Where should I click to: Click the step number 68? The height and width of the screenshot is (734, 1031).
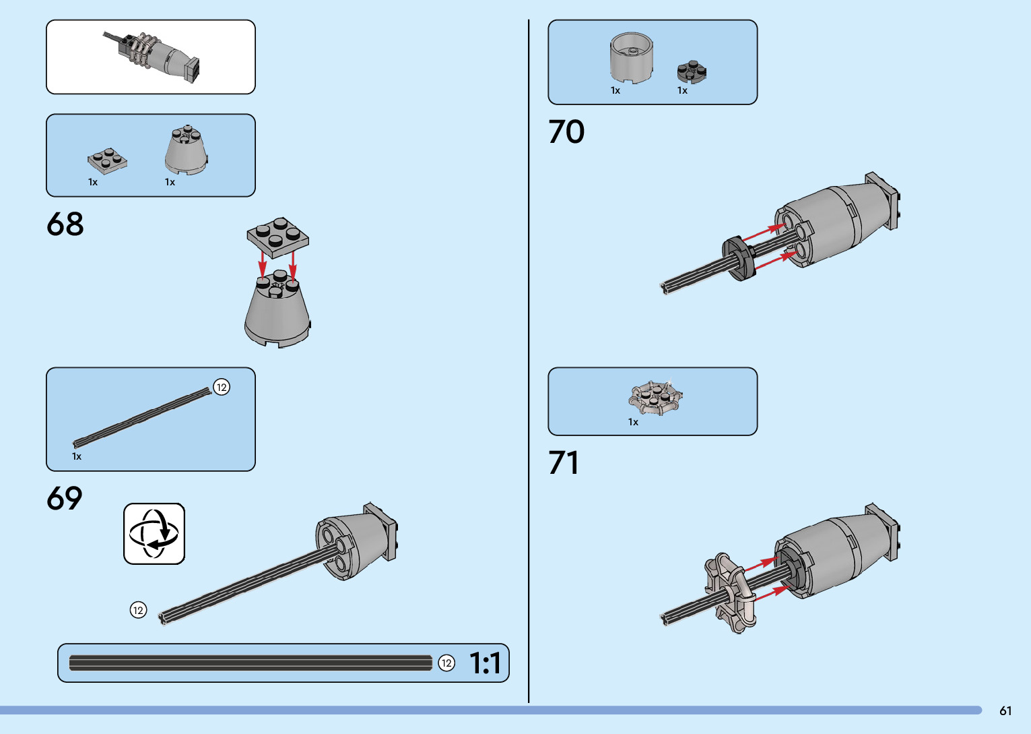pos(65,224)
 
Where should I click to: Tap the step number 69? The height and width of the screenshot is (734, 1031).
pos(65,499)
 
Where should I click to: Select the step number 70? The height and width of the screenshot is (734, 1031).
pos(566,132)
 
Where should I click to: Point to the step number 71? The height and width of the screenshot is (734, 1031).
pos(564,463)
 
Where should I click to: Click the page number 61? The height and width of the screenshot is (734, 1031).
pos(1005,710)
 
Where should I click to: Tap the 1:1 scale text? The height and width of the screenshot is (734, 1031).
pos(485,663)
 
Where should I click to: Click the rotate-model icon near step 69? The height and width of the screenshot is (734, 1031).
pos(154,534)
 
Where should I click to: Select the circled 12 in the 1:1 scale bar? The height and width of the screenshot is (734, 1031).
pos(446,663)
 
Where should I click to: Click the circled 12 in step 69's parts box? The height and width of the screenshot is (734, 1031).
pos(222,387)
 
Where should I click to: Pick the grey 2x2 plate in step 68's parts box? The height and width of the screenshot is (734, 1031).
pos(107,160)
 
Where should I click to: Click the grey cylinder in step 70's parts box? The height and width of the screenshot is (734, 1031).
pos(631,59)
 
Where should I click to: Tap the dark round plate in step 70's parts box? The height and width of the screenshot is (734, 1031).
pos(692,71)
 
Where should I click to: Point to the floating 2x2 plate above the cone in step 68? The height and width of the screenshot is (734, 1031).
pos(277,237)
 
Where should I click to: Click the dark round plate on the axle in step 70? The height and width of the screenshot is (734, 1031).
pos(739,258)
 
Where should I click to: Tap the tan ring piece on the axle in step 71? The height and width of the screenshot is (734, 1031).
pos(729,592)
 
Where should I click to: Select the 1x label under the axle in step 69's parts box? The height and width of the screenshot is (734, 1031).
pos(77,456)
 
